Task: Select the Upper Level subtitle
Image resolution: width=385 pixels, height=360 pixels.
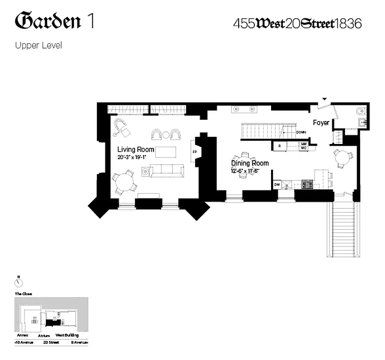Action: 38,45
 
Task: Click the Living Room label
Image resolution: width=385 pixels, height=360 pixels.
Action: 136,149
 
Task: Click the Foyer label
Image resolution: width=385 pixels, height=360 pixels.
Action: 321,123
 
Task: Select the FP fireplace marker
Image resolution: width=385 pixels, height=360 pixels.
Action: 195,152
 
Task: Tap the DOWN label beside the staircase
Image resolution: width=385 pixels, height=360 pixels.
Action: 301,132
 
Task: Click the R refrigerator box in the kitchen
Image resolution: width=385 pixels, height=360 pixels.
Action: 280,146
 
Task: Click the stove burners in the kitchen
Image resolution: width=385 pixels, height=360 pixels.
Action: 307,184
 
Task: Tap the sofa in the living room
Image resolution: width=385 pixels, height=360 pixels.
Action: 167,170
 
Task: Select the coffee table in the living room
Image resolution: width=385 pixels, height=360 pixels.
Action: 167,152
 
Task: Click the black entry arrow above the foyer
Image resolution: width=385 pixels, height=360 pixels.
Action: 324,99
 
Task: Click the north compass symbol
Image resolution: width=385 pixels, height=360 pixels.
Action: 18,283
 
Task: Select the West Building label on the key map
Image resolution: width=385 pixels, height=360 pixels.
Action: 67,335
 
